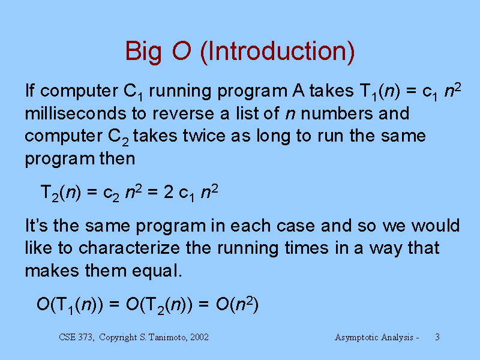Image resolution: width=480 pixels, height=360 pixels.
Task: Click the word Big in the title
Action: pyautogui.click(x=143, y=52)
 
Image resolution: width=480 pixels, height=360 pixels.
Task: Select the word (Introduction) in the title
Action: pyautogui.click(x=277, y=52)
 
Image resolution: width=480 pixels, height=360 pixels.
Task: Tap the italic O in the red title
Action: pyautogui.click(x=182, y=50)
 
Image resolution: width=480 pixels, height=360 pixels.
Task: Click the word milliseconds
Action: pyautogui.click(x=76, y=113)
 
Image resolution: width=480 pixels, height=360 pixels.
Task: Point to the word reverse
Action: pyautogui.click(x=184, y=115)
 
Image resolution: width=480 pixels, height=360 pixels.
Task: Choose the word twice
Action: pyautogui.click(x=204, y=136)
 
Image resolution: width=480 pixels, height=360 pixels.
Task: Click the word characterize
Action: pyautogui.click(x=129, y=248)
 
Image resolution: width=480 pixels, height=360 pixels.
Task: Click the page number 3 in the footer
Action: pyautogui.click(x=437, y=337)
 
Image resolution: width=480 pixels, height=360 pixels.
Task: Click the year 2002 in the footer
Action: pyautogui.click(x=199, y=337)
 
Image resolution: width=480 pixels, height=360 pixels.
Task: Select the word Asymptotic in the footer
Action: pyautogui.click(x=355, y=337)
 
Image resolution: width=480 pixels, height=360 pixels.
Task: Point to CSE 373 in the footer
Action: pyautogui.click(x=76, y=337)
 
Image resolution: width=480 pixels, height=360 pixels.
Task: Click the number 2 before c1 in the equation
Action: pyautogui.click(x=169, y=192)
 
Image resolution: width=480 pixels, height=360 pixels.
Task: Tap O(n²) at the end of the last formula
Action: pyautogui.click(x=237, y=304)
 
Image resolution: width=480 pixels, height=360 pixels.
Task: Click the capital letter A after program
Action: pyautogui.click(x=298, y=91)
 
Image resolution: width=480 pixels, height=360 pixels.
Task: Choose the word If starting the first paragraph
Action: pyautogui.click(x=29, y=91)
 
